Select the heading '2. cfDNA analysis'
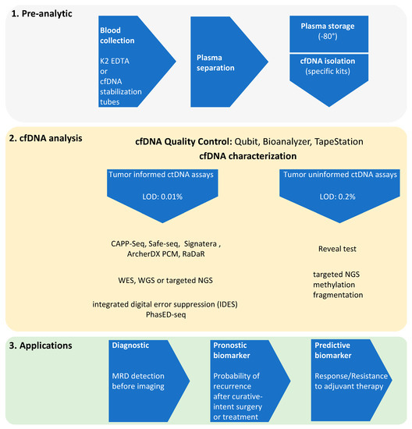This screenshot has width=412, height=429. click(52, 137)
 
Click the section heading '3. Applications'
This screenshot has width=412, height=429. click(46, 343)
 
